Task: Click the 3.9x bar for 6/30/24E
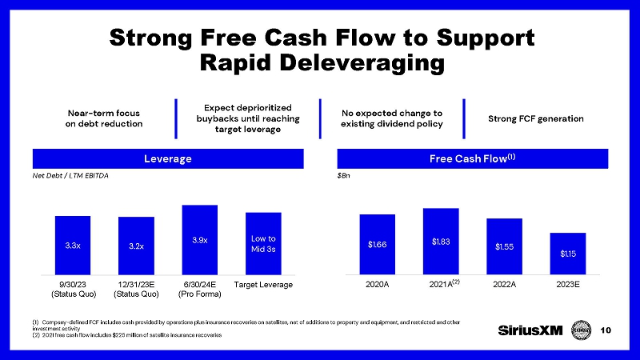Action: pos(200,240)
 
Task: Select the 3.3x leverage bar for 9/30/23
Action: pos(73,245)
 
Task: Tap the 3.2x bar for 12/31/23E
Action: pos(136,246)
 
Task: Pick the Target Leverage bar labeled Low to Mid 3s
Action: pos(263,243)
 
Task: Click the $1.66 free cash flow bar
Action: pos(378,244)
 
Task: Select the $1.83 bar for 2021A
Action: pos(441,241)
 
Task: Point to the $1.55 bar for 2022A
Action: pos(504,246)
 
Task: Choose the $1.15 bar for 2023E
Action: pos(568,253)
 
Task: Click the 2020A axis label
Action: pos(378,284)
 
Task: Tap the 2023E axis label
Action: pos(568,284)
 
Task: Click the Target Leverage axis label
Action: pos(263,284)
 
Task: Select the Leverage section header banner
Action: pos(168,158)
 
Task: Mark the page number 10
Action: pos(617,330)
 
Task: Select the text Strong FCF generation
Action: pos(536,119)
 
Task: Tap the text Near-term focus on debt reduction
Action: pos(104,118)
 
